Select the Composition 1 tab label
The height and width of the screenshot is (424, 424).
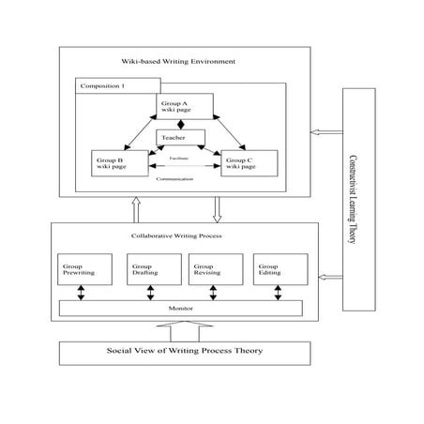point(103,87)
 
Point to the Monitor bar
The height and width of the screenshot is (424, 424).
point(180,308)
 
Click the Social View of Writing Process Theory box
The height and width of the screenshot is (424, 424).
point(180,352)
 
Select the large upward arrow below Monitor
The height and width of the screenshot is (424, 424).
point(180,329)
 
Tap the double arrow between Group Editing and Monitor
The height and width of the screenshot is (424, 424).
point(277,292)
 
